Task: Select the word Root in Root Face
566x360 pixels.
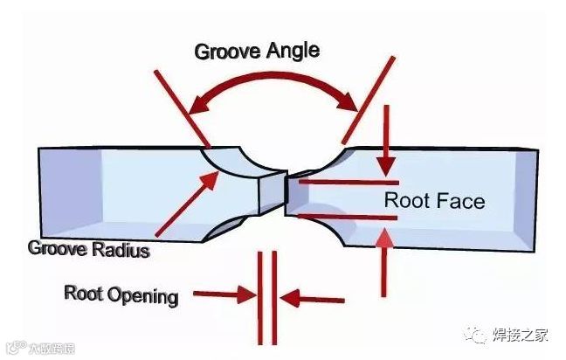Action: tap(404, 201)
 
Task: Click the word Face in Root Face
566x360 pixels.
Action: tap(459, 201)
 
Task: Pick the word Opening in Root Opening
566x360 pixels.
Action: tap(143, 294)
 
